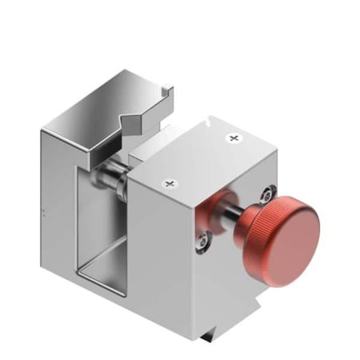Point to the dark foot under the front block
coord(210,335)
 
